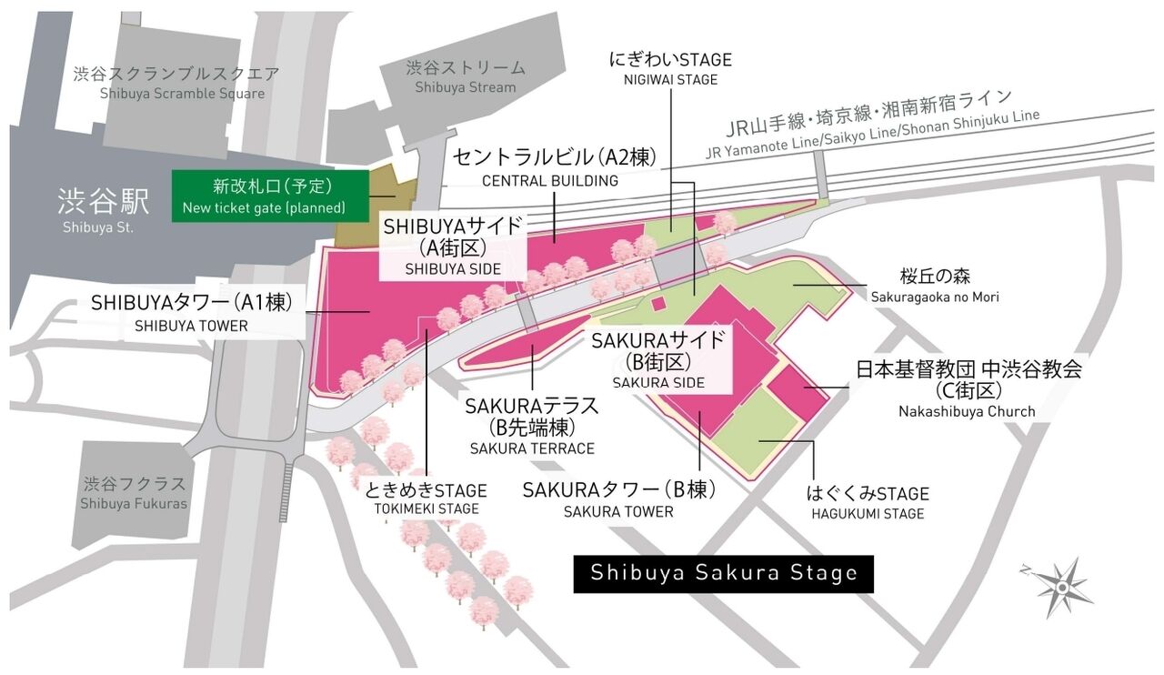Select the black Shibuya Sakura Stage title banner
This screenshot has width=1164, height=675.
tap(723, 574)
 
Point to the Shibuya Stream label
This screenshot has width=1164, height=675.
tap(466, 77)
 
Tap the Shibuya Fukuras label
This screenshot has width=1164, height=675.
tap(134, 494)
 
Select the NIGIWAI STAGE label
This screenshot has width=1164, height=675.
tap(670, 69)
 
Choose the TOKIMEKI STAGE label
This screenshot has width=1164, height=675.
tap(426, 499)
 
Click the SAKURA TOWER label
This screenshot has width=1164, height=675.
tap(618, 499)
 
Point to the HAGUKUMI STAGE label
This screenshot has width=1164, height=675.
tap(868, 503)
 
